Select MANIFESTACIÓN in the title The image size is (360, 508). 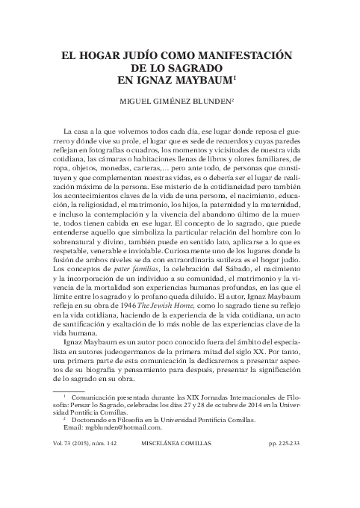pos(249,55)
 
